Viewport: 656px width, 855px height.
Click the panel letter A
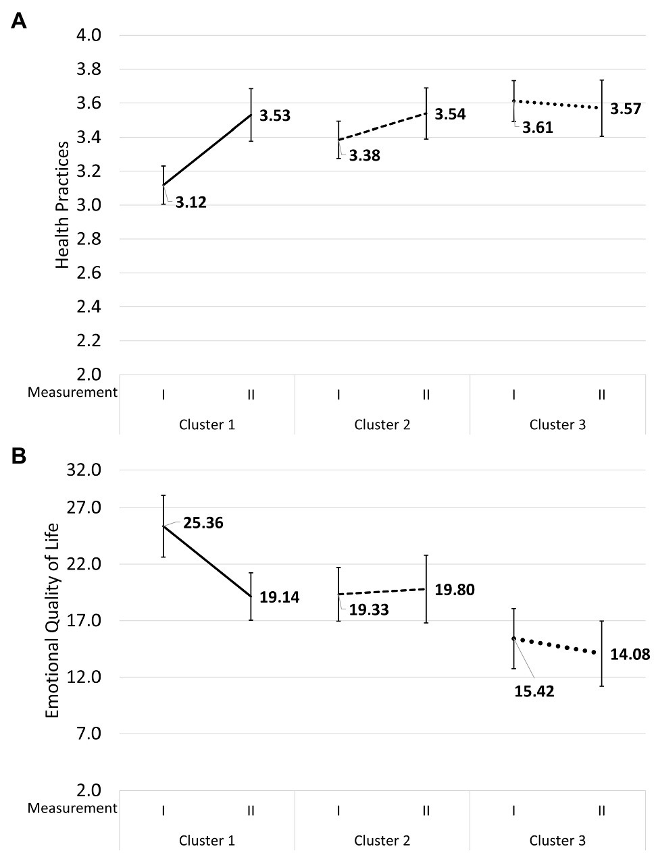pyautogui.click(x=19, y=22)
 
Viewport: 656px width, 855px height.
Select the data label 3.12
pyautogui.click(x=191, y=202)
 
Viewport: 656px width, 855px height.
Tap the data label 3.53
pyautogui.click(x=275, y=116)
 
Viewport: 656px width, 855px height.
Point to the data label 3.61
pyautogui.click(x=538, y=128)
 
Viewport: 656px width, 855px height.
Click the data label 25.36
pyautogui.click(x=203, y=523)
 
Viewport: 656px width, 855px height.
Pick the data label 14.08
pyautogui.click(x=630, y=654)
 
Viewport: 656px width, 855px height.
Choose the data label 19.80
pyautogui.click(x=454, y=590)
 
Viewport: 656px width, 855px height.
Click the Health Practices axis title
pyautogui.click(x=63, y=205)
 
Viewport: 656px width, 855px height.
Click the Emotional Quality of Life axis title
pyautogui.click(x=53, y=619)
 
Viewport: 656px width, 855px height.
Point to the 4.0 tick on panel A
pyautogui.click(x=90, y=35)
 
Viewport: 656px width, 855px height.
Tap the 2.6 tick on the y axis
pyautogui.click(x=90, y=273)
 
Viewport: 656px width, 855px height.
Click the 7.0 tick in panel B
pyautogui.click(x=90, y=734)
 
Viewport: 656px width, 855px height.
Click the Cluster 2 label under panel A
pyautogui.click(x=382, y=424)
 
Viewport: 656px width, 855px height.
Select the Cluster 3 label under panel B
pyautogui.click(x=557, y=841)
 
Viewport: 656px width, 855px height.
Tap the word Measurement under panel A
pyautogui.click(x=72, y=392)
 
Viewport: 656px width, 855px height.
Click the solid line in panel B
pyautogui.click(x=207, y=561)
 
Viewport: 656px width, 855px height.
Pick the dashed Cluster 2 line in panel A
pyautogui.click(x=382, y=126)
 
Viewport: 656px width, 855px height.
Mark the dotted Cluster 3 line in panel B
pyautogui.click(x=558, y=645)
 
